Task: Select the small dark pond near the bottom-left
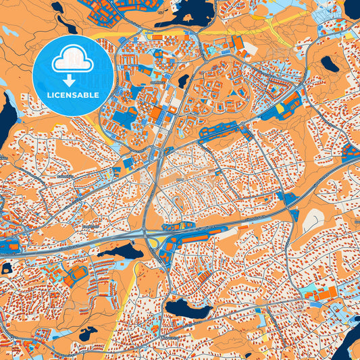(88, 334)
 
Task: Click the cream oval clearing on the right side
(315, 218)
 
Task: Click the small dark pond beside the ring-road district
(183, 81)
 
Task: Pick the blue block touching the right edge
(351, 151)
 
